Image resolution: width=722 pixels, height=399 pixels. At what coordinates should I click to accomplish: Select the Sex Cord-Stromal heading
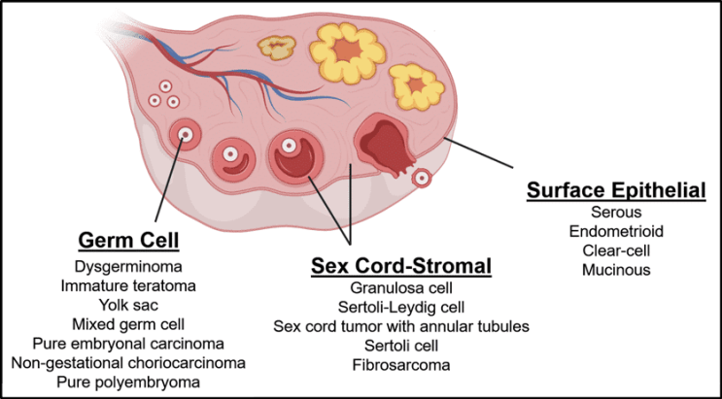pos(401,265)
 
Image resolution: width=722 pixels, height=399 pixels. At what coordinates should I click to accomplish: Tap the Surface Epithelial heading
pos(616,191)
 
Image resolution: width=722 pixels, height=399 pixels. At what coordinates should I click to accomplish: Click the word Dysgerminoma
pos(128,267)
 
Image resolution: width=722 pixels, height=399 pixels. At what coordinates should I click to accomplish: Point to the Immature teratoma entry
pos(128,286)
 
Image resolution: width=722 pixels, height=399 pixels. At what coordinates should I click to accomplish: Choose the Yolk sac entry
pos(128,305)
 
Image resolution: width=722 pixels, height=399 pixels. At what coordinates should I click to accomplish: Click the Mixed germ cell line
pos(128,324)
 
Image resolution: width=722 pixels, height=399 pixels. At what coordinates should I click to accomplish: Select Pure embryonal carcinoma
pos(128,344)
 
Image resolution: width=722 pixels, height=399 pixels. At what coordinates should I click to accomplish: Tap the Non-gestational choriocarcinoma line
pos(128,363)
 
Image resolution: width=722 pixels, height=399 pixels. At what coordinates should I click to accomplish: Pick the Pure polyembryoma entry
pos(128,382)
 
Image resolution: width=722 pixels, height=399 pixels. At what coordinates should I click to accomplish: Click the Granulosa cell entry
pos(401,288)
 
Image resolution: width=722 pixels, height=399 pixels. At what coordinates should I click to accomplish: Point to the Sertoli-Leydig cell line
pos(401,308)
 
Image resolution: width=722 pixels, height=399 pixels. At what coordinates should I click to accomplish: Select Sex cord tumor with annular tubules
pos(401,327)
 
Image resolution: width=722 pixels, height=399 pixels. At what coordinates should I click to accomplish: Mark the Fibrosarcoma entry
pos(401,366)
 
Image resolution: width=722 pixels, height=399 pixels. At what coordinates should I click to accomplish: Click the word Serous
pos(616,213)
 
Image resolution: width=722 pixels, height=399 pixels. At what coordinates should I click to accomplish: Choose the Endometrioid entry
pos(616,232)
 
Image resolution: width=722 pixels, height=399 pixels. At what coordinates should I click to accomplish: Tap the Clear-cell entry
pos(616,250)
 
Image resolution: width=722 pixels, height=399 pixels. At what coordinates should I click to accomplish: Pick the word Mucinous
pos(616,270)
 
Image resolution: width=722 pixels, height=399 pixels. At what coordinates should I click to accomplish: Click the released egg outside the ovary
pos(422,178)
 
